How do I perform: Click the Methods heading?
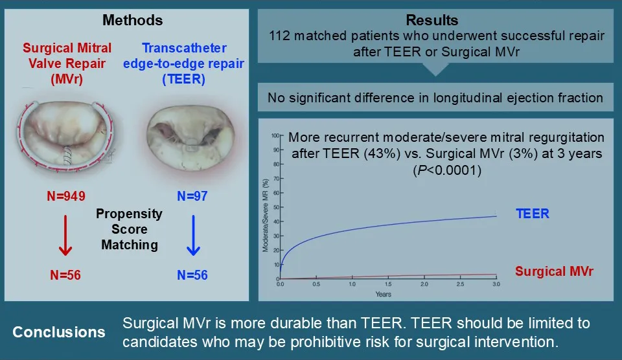pyautogui.click(x=133, y=21)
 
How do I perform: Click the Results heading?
pyautogui.click(x=437, y=21)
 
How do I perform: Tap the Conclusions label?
pyautogui.click(x=60, y=332)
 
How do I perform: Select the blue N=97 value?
pyautogui.click(x=192, y=196)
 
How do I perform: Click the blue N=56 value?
pyautogui.click(x=192, y=275)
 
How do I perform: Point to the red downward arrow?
pyautogui.click(x=64, y=236)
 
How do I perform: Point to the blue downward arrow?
pyautogui.click(x=192, y=236)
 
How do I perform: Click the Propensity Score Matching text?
pyautogui.click(x=129, y=229)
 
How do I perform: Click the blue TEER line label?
pyautogui.click(x=532, y=214)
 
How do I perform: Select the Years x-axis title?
pyautogui.click(x=383, y=294)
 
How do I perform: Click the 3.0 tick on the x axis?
pyautogui.click(x=496, y=285)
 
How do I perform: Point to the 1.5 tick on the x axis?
pyautogui.click(x=387, y=285)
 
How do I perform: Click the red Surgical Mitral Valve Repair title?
pyautogui.click(x=67, y=63)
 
